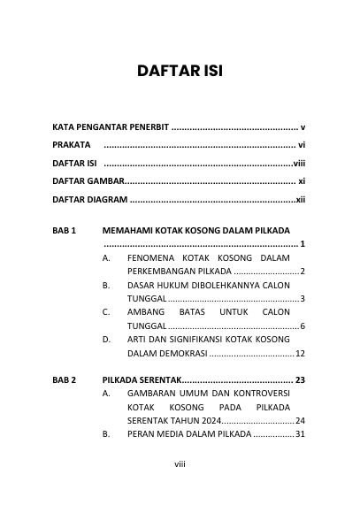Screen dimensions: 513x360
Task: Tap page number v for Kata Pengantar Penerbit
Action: pyautogui.click(x=303, y=127)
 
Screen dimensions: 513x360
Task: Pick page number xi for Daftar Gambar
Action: pyautogui.click(x=302, y=182)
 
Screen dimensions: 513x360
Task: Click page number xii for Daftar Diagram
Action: pyautogui.click(x=301, y=200)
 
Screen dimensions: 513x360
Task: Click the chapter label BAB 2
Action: pyautogui.click(x=65, y=380)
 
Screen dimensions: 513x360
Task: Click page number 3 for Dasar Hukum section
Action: pyautogui.click(x=303, y=299)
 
